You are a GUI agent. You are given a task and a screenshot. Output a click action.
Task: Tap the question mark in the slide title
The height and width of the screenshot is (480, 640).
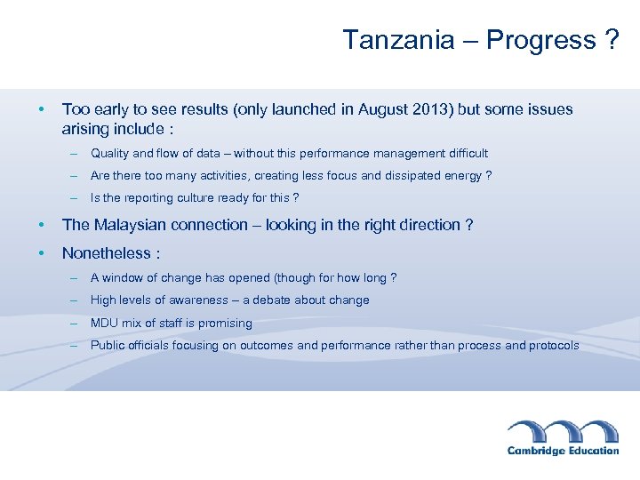coord(612,40)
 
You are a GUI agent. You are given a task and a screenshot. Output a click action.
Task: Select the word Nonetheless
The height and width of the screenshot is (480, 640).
coord(106,253)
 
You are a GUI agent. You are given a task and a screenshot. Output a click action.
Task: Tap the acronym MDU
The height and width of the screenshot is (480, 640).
coord(104,324)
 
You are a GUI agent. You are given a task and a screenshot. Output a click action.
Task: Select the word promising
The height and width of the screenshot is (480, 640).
coord(226,324)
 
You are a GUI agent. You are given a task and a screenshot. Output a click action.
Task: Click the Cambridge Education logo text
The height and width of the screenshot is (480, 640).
coord(563,451)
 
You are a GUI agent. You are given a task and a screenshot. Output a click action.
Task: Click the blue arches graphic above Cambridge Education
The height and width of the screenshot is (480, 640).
coord(563,430)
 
